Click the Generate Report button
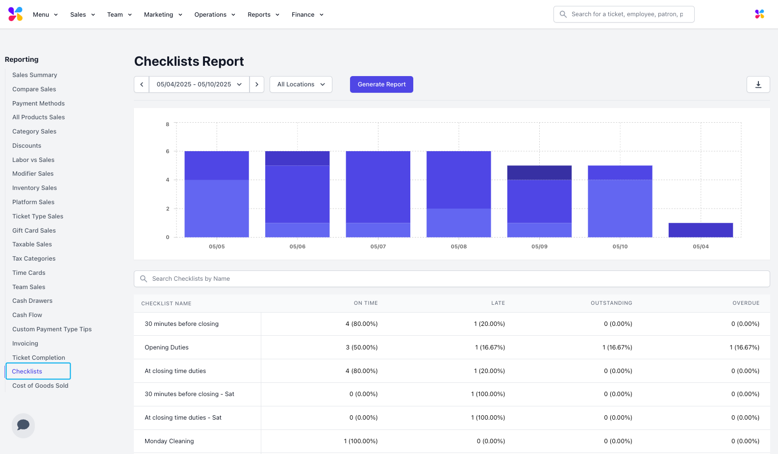(381, 84)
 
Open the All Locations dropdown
(301, 84)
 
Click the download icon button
(758, 84)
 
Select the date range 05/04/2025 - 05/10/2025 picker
(199, 84)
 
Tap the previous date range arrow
(142, 84)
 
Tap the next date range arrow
(257, 84)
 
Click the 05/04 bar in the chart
(701, 230)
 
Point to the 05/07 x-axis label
(378, 246)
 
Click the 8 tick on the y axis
(168, 125)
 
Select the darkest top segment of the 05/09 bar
(539, 173)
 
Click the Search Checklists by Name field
(452, 279)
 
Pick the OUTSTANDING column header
(611, 303)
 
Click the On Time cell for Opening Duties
(362, 347)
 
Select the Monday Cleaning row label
(169, 441)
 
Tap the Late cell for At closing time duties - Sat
(488, 418)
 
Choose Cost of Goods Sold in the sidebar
(40, 386)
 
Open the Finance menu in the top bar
(307, 15)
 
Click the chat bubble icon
(23, 425)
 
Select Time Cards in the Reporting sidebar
(29, 273)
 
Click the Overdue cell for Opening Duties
(744, 347)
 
